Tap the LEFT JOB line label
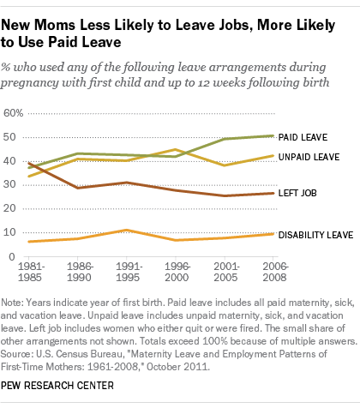tap(300, 194)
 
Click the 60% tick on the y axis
tap(13, 113)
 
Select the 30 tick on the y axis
tap(10, 184)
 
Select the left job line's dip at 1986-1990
tap(79, 187)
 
